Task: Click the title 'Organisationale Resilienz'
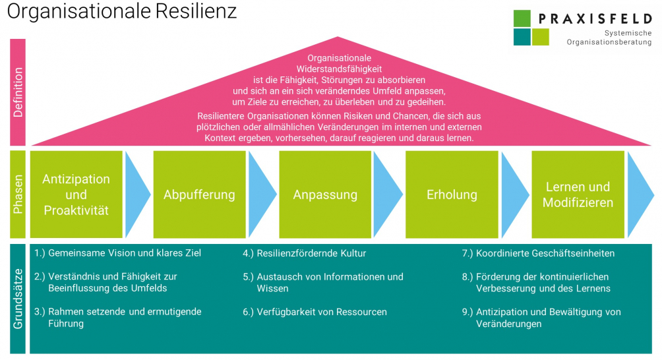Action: click(x=122, y=11)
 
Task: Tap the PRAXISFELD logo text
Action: click(x=595, y=18)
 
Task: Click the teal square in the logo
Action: click(x=522, y=37)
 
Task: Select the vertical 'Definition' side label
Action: click(x=18, y=92)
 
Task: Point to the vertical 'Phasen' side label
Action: click(x=18, y=195)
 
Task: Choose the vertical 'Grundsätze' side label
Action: click(x=18, y=299)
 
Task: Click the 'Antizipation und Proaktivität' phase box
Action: click(x=76, y=195)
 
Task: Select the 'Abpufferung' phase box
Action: click(x=199, y=195)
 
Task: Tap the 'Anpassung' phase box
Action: click(x=325, y=195)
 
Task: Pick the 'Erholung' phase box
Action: click(x=452, y=195)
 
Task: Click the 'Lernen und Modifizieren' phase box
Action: click(x=578, y=195)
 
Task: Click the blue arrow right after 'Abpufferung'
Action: click(x=262, y=195)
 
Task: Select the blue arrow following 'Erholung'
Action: click(x=515, y=195)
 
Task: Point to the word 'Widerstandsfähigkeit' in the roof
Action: click(x=339, y=69)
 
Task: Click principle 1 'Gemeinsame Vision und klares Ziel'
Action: click(x=118, y=253)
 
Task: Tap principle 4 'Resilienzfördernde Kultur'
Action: click(x=305, y=253)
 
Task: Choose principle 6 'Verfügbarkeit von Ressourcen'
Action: click(x=315, y=312)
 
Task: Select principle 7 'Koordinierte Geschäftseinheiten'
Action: click(x=538, y=253)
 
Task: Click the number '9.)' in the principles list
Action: click(x=467, y=312)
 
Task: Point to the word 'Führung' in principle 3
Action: click(x=66, y=324)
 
